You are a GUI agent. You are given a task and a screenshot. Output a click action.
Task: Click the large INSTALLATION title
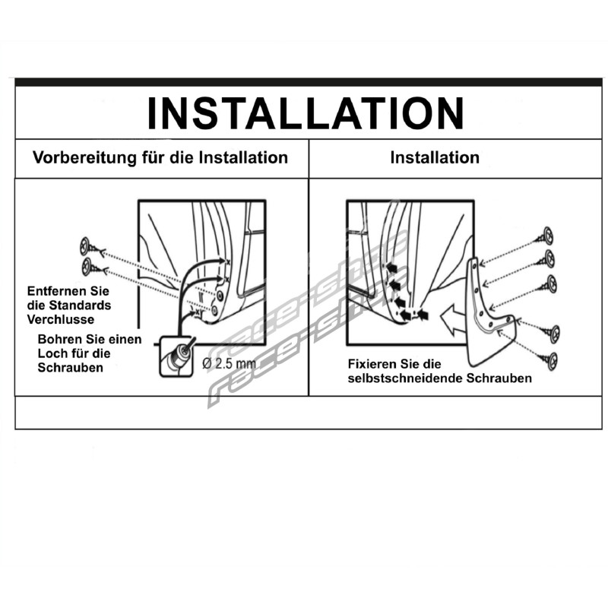pos(306,112)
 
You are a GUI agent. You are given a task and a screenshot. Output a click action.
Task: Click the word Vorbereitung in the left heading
pos(84,158)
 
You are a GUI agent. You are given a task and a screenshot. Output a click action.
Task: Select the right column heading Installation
pos(435,157)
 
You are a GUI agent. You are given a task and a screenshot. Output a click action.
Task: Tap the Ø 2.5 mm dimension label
pos(229,363)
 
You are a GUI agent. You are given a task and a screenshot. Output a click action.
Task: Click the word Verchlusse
pos(61,319)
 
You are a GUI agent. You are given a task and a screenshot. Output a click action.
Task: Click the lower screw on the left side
pos(93,268)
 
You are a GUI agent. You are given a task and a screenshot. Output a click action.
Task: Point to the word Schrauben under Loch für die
pos(70,368)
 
